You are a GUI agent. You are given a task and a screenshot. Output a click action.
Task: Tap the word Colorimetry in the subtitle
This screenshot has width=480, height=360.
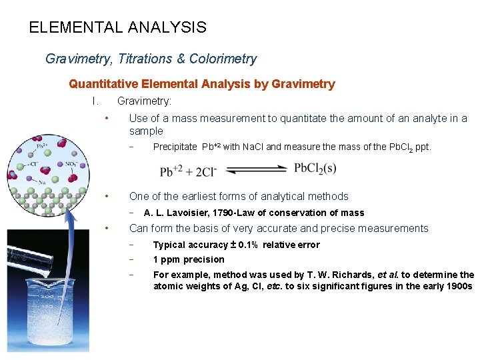(223, 59)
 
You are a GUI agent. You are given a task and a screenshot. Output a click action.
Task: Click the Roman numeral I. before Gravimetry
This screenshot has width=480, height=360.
(95, 101)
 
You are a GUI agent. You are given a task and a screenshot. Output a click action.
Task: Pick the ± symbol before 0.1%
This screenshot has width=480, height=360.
(233, 245)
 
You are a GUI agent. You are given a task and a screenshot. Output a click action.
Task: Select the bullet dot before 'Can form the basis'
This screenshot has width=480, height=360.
(107, 229)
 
